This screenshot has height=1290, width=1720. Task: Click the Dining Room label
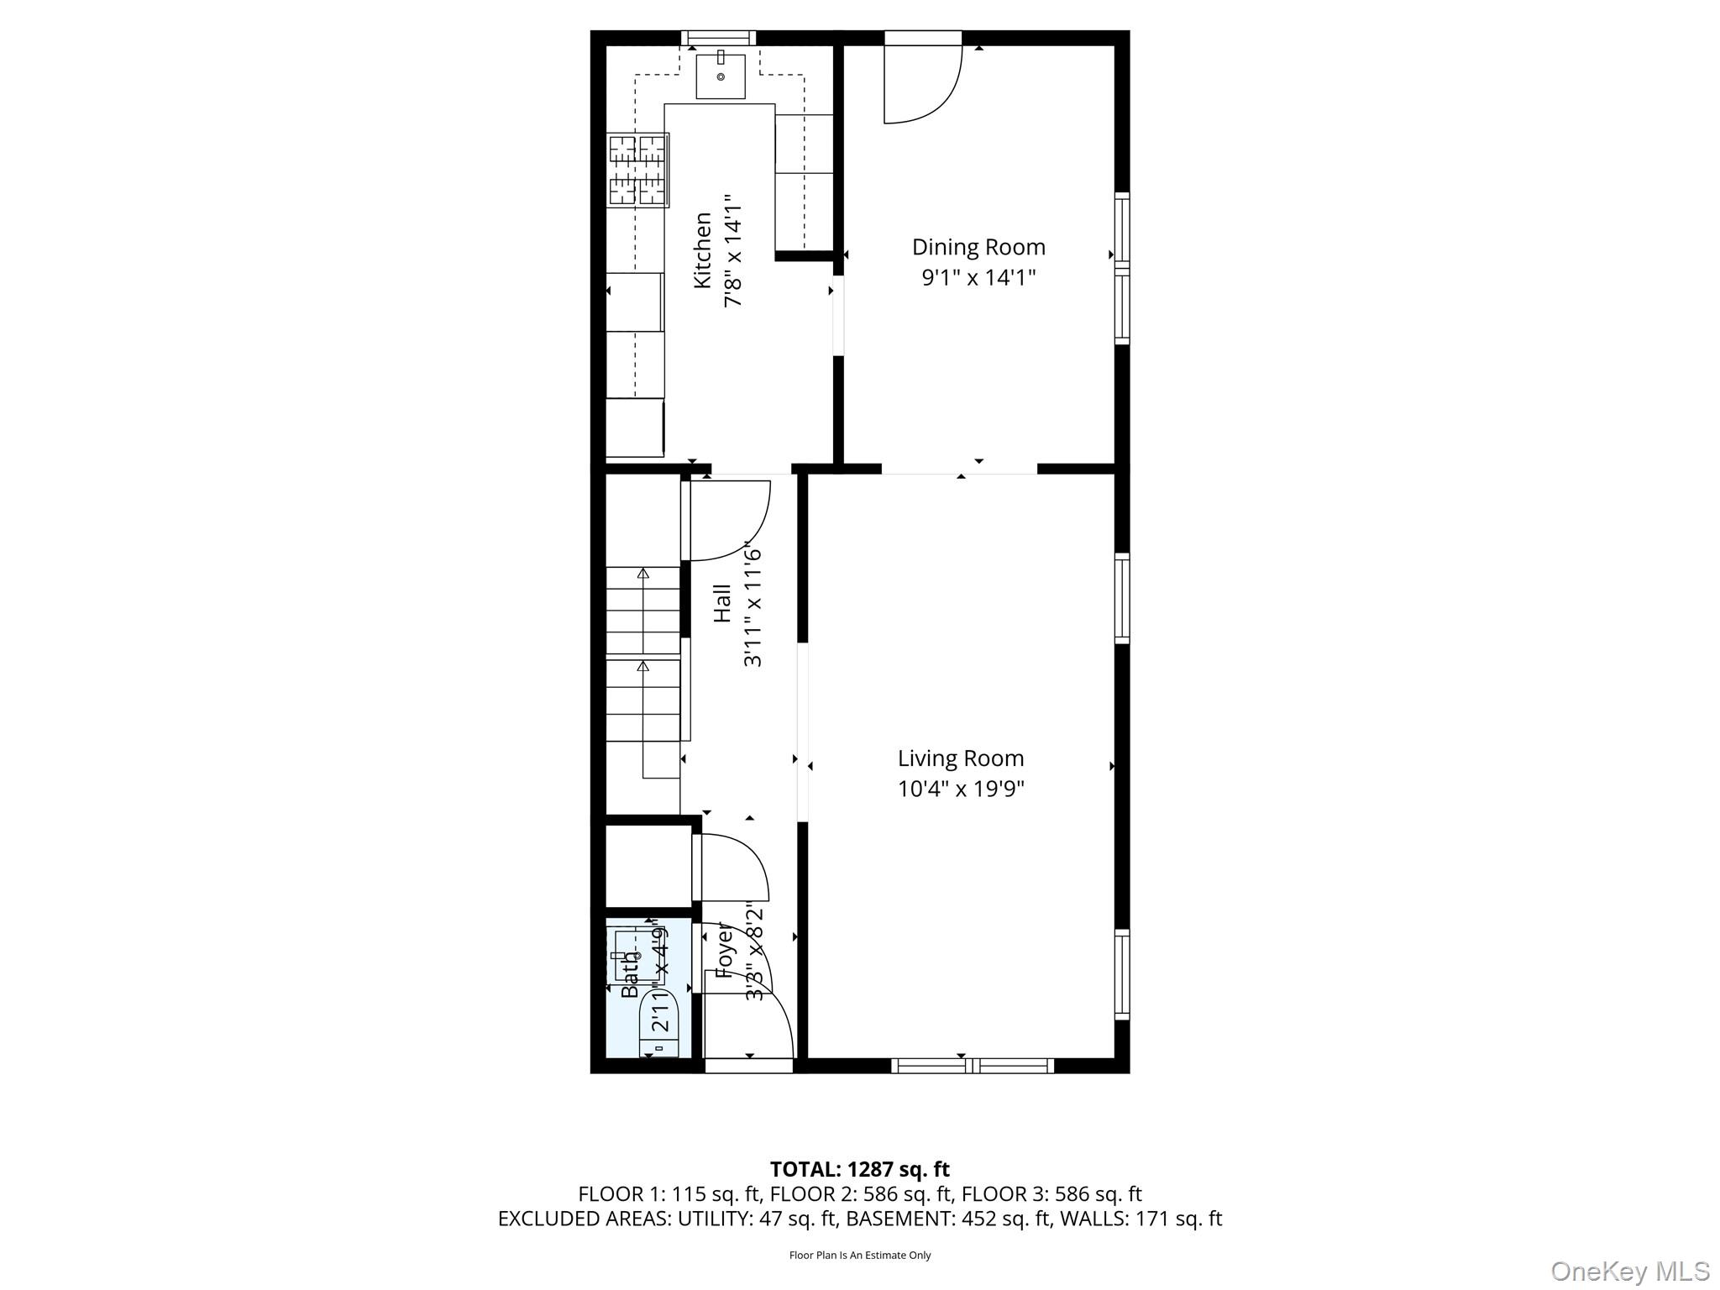(978, 247)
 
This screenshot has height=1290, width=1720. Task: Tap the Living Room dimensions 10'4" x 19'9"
(961, 789)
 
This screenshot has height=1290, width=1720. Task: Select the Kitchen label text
(703, 250)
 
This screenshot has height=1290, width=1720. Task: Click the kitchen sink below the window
(721, 76)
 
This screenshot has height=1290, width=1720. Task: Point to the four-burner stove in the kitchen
(637, 170)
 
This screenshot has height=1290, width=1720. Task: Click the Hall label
(722, 604)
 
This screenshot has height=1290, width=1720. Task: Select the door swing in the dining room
(921, 85)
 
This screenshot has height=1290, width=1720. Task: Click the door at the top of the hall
(727, 520)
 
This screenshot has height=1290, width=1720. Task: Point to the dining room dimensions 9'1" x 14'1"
(978, 278)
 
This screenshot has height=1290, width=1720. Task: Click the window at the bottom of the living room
(972, 1065)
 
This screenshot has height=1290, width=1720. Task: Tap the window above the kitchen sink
(717, 38)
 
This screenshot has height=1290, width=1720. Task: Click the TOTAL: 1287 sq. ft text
(859, 1169)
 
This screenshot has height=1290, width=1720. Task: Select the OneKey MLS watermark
(1630, 1271)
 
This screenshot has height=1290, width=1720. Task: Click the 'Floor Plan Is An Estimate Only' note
(860, 1255)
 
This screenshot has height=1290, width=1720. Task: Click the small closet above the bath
(648, 866)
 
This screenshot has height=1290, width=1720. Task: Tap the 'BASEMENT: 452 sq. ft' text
(947, 1219)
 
